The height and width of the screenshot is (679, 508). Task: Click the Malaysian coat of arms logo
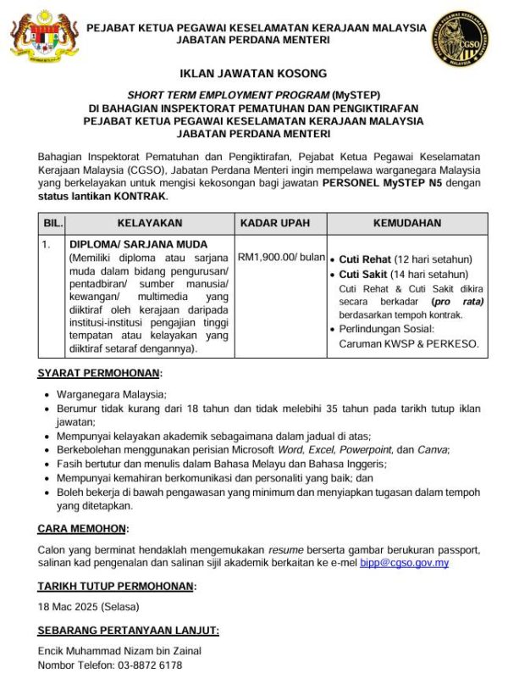37,35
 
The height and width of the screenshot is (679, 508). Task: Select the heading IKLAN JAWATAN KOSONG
253,75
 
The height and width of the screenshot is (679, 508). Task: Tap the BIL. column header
52,223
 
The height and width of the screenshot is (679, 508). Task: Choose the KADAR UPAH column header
281,223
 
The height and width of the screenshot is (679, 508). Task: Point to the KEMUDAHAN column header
407,223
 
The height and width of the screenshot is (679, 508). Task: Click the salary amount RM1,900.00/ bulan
281,257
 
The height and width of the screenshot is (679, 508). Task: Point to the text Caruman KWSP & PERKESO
408,344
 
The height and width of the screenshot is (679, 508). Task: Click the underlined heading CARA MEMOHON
82,529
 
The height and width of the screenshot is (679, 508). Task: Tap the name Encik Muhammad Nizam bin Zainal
119,651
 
